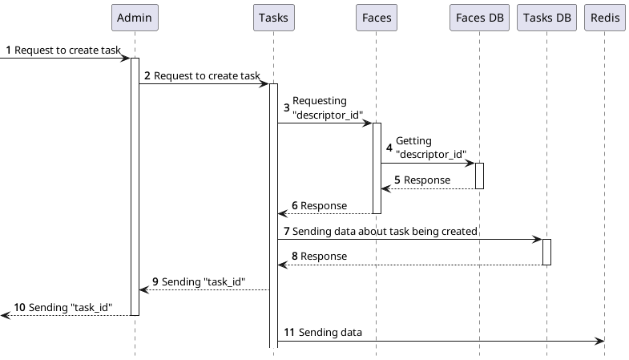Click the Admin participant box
[x=135, y=18]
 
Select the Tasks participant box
[x=273, y=18]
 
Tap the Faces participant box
[x=376, y=18]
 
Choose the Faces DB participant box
[x=479, y=18]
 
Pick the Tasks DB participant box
[x=546, y=18]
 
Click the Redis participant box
[x=604, y=18]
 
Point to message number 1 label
[x=9, y=51]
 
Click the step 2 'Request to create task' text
[x=206, y=76]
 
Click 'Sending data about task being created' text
[x=385, y=232]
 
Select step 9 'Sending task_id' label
[x=203, y=283]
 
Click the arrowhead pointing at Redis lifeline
[x=599, y=341]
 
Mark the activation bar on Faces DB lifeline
[x=479, y=176]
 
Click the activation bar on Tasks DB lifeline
[x=546, y=252]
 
